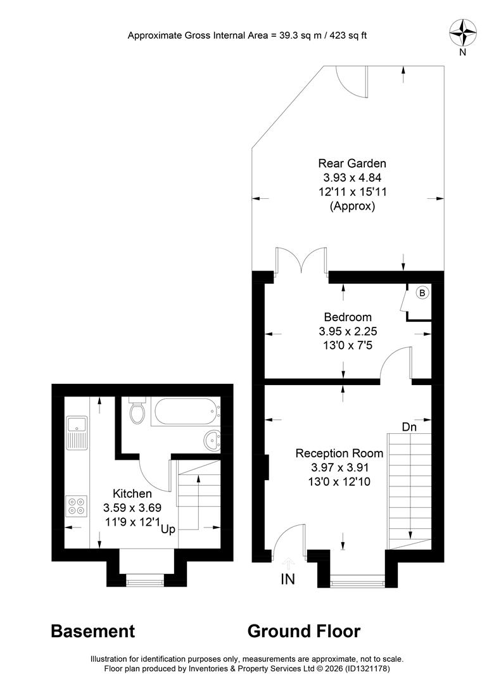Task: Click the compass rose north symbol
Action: [462, 33]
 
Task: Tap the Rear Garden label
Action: [352, 163]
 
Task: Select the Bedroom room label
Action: [348, 317]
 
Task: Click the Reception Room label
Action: [339, 453]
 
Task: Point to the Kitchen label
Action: [132, 493]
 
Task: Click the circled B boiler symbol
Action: [422, 293]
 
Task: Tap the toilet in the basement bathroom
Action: [137, 410]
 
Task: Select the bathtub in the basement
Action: [186, 412]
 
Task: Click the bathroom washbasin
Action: [212, 441]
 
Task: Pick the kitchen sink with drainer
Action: [77, 433]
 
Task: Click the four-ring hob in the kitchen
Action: [77, 507]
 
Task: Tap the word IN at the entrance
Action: [288, 579]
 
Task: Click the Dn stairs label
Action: [409, 427]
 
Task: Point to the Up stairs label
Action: [168, 529]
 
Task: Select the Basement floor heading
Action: [93, 631]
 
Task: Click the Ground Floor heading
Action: [304, 631]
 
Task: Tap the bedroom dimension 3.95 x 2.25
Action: [348, 331]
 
